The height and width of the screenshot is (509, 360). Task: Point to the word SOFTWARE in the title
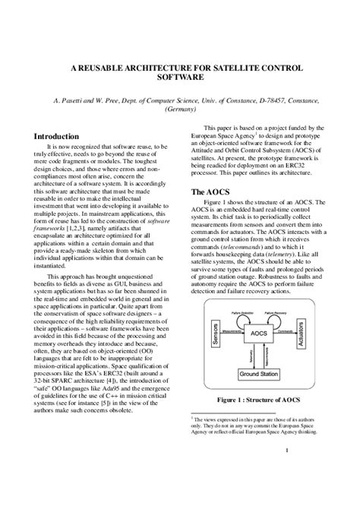point(180,78)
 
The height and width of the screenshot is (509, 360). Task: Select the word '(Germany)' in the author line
point(180,109)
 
